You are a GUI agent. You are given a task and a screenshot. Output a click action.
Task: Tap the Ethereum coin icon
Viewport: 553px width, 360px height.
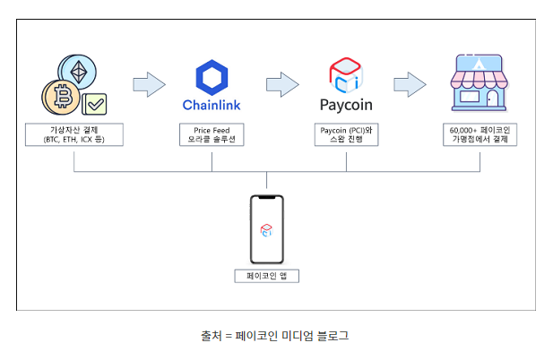click(77, 72)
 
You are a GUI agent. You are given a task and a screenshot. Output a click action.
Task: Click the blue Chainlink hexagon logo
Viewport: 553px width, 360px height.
click(212, 78)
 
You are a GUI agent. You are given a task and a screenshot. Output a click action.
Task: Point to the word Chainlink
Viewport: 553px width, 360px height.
click(212, 105)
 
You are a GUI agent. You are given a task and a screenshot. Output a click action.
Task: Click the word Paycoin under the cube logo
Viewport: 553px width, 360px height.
click(346, 105)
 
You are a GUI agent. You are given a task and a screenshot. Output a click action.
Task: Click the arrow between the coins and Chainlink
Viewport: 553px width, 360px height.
click(149, 85)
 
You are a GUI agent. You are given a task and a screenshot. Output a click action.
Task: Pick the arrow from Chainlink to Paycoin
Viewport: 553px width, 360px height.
click(281, 85)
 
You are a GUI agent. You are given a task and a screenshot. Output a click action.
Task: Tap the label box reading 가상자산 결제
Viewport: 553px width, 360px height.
click(74, 135)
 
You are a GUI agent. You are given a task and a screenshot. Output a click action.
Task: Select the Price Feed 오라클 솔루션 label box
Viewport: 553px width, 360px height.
click(212, 135)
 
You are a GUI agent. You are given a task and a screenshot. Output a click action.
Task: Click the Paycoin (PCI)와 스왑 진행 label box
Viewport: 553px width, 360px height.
click(346, 135)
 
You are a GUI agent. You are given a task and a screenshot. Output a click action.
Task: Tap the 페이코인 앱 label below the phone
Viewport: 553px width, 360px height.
click(266, 276)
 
